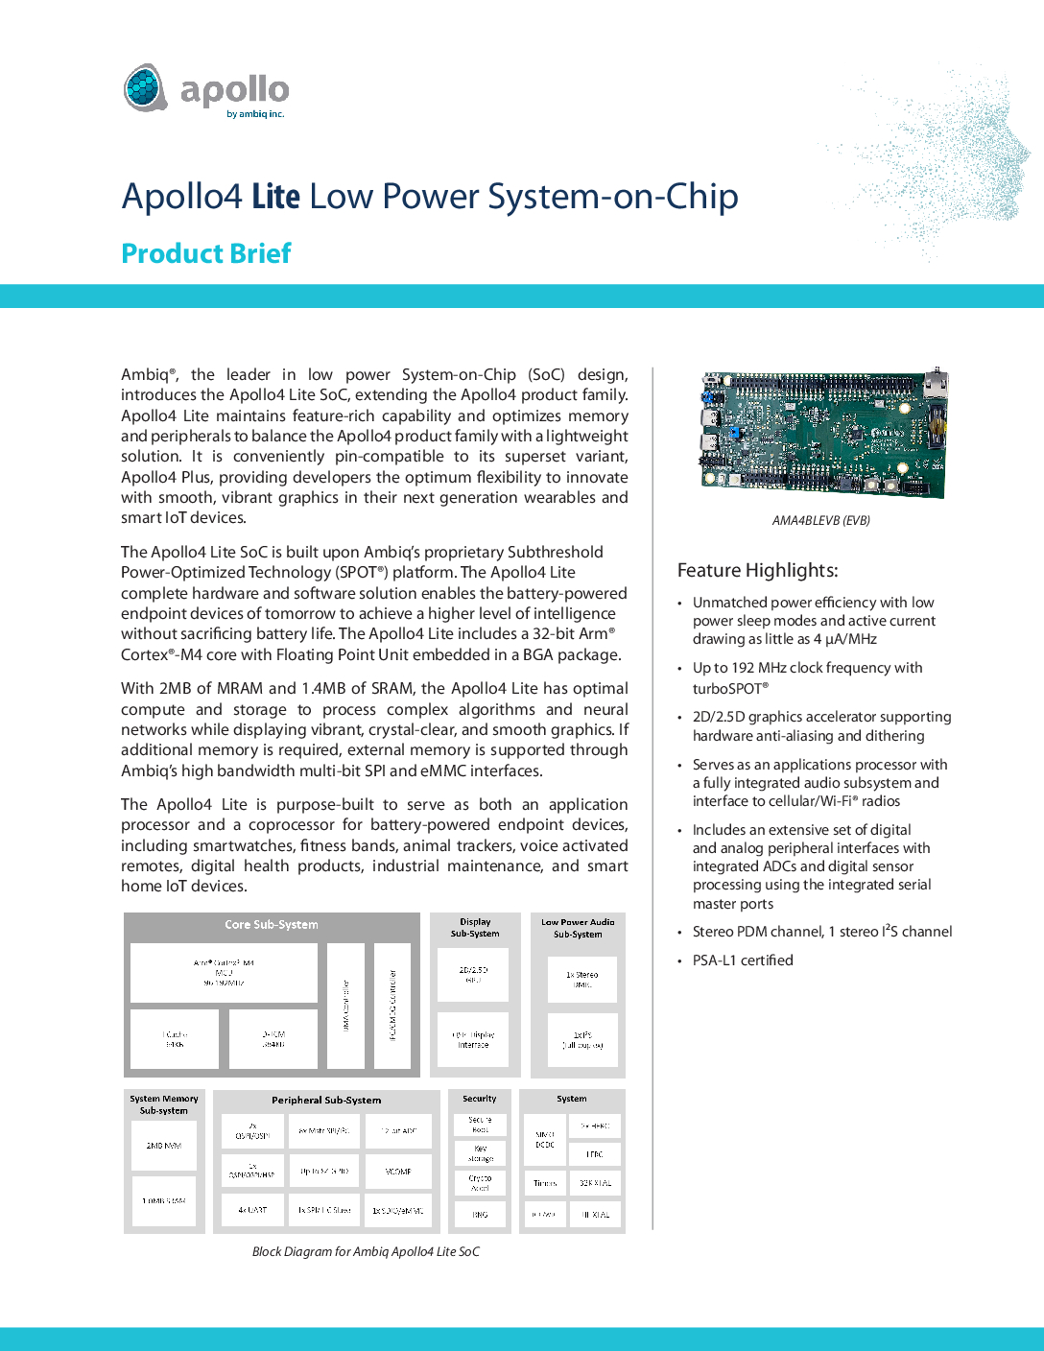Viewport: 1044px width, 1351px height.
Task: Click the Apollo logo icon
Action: [x=146, y=88]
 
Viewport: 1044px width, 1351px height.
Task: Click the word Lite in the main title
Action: [x=276, y=197]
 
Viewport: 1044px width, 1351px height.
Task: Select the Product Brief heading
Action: [x=206, y=253]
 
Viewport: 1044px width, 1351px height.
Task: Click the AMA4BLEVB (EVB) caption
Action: [x=821, y=521]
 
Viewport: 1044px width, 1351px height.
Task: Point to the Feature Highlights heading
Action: [x=758, y=571]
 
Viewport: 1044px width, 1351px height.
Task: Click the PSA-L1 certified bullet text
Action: [x=743, y=960]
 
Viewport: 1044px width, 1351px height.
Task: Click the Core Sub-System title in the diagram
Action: [x=272, y=925]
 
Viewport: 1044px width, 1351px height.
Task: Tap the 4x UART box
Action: [x=252, y=1211]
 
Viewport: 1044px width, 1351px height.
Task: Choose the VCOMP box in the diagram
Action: [x=398, y=1172]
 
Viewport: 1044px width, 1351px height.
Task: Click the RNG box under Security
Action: [x=480, y=1215]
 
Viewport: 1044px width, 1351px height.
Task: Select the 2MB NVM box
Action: [x=164, y=1146]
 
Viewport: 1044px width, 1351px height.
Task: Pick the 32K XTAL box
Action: [x=595, y=1183]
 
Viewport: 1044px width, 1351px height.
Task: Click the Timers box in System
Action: [x=544, y=1183]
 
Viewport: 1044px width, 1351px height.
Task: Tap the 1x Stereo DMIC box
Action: [x=581, y=980]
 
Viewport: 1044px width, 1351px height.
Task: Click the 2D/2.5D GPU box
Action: [x=474, y=975]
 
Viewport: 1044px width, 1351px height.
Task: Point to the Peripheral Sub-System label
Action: [x=326, y=1101]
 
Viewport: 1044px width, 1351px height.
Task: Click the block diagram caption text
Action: [x=366, y=1252]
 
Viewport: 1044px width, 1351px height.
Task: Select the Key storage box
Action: [x=480, y=1153]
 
